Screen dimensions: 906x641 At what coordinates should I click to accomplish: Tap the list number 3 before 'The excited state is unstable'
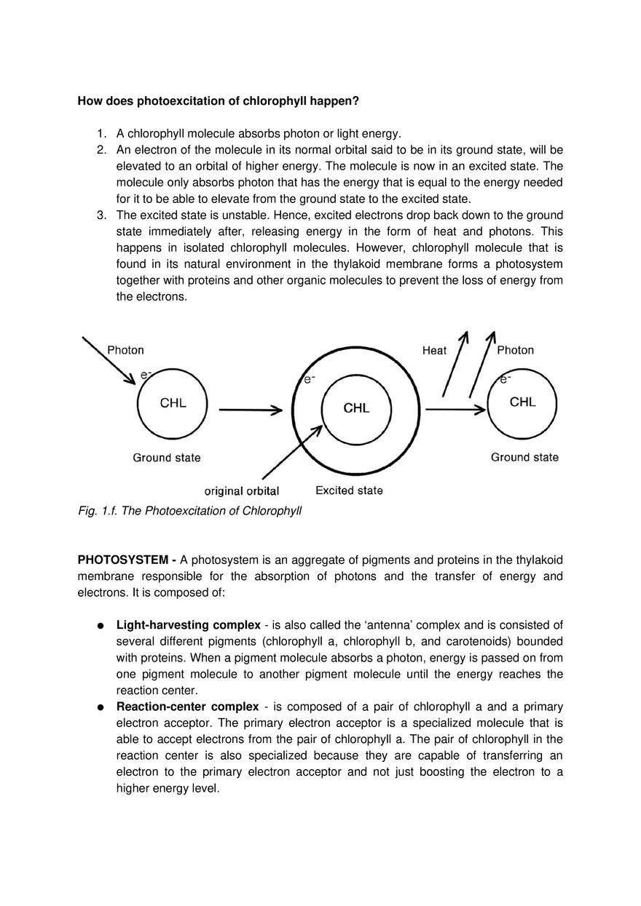(101, 215)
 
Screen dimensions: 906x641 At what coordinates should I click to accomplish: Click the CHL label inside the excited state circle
(356, 408)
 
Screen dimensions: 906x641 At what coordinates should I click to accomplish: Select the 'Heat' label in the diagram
(434, 351)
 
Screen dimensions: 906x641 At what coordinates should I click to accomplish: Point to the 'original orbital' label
(241, 491)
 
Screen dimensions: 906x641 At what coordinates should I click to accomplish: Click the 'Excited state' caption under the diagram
(349, 490)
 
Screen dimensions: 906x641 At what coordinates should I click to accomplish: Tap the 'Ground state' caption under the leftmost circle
(166, 458)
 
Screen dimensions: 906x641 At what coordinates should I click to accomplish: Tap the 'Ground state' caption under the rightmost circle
(524, 457)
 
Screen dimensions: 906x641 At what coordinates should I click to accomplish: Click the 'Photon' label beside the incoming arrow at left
(125, 350)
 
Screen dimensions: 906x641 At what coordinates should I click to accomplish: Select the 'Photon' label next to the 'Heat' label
(515, 350)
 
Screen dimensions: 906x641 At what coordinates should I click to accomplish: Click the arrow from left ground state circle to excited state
(250, 410)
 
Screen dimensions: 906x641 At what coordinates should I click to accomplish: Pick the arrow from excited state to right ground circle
(455, 410)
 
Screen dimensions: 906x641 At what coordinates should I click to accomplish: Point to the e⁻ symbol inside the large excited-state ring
(309, 379)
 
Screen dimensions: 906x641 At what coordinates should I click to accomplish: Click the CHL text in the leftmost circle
(173, 403)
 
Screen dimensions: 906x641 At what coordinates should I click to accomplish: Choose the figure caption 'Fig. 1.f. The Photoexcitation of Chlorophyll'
(189, 511)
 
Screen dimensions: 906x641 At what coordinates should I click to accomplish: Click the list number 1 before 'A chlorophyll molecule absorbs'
(101, 133)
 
